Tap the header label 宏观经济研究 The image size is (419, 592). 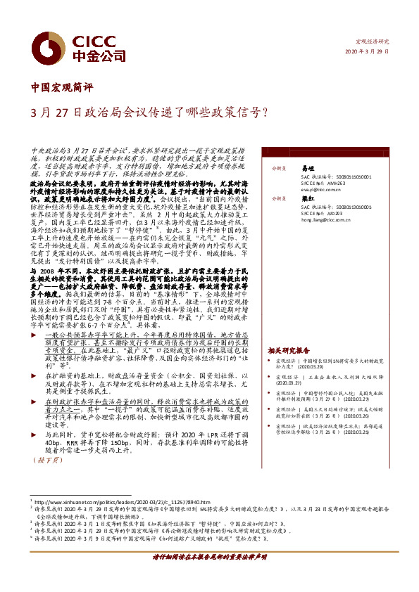(x=373, y=42)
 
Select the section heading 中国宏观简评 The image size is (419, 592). (x=63, y=89)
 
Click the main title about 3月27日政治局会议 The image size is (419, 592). (x=149, y=112)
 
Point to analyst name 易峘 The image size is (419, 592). (x=307, y=169)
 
